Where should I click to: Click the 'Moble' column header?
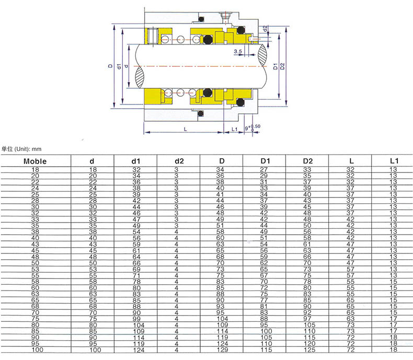(35, 161)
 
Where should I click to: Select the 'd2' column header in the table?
(179, 161)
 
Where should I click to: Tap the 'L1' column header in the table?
(394, 161)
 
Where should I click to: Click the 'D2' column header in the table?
(307, 161)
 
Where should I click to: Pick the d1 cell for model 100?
(139, 350)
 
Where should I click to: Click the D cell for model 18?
(220, 169)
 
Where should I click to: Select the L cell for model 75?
(350, 319)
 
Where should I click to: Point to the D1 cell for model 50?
(264, 263)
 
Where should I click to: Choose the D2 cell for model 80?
(309, 325)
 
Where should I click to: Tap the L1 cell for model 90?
(394, 338)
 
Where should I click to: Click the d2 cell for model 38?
(176, 232)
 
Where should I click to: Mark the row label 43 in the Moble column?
(35, 244)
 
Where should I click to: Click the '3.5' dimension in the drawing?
(237, 51)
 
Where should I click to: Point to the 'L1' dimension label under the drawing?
(234, 129)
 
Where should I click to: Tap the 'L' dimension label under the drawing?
(186, 129)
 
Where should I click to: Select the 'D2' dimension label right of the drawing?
(282, 66)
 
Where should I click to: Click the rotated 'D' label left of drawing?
(110, 66)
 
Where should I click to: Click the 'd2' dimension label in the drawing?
(265, 28)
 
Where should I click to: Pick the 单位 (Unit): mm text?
(21, 149)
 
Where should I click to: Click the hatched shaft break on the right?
(262, 55)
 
